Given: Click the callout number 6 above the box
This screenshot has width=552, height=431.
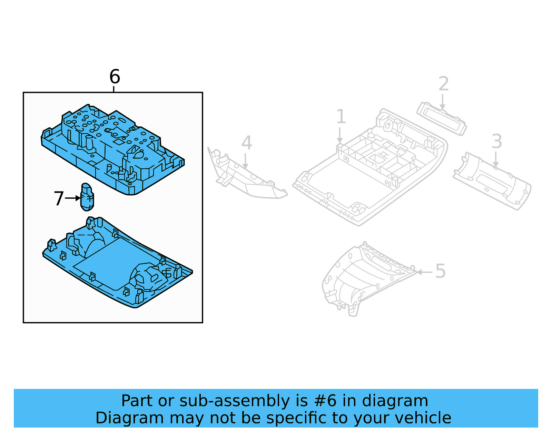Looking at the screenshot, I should [115, 77].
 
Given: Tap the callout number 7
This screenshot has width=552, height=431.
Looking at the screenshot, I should [59, 199].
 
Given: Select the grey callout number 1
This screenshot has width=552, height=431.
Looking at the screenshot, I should [341, 117].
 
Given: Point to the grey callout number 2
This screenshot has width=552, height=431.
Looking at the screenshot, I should [444, 84].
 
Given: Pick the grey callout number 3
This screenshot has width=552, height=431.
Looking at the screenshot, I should [496, 141].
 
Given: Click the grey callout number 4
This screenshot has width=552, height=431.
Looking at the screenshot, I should [247, 143].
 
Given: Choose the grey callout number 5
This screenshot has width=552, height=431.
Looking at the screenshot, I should [441, 271].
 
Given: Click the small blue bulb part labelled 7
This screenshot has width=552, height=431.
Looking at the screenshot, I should [87, 197].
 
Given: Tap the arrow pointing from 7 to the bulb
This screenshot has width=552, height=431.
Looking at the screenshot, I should [73, 198].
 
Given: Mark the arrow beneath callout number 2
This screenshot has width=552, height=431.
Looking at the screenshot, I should [442, 101].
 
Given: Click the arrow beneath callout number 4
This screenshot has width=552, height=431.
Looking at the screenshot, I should [245, 161].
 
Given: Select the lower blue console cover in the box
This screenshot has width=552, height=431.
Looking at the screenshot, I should [117, 264].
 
